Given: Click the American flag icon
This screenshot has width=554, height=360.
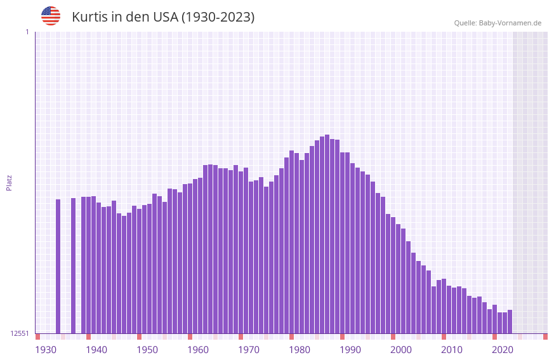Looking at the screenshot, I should tap(51, 16).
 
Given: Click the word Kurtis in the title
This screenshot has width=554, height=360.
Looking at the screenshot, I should tap(89, 17).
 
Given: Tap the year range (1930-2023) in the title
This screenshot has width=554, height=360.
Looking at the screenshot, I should tap(218, 17).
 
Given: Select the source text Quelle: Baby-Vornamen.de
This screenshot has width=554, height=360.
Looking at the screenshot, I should tap(497, 23).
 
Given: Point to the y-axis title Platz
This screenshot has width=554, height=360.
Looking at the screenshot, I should tap(9, 182).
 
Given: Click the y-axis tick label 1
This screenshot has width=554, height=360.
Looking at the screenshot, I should tap(27, 32).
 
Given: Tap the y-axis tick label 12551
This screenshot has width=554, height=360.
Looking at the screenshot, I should tap(20, 333).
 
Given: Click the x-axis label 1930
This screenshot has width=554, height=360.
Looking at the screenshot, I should tap(46, 349).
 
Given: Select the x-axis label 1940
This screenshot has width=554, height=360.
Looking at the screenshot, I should tap(96, 349).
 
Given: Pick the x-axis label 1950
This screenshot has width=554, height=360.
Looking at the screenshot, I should tap(147, 349).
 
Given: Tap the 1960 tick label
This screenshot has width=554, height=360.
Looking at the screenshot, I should tap(198, 349).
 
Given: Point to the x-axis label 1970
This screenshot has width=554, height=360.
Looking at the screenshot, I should tap(249, 349).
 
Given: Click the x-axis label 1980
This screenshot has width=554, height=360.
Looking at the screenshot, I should tap(300, 349).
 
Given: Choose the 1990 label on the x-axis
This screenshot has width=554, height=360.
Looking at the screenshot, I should tap(350, 349).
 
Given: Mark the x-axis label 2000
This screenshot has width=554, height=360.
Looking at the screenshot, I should tap(401, 349).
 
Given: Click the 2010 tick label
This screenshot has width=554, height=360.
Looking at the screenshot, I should tap(452, 349).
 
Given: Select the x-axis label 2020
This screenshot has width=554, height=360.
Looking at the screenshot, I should tap(503, 349).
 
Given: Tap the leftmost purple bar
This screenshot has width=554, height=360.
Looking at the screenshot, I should tap(58, 266).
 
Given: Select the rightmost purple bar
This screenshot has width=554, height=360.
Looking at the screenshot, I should tap(510, 321).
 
